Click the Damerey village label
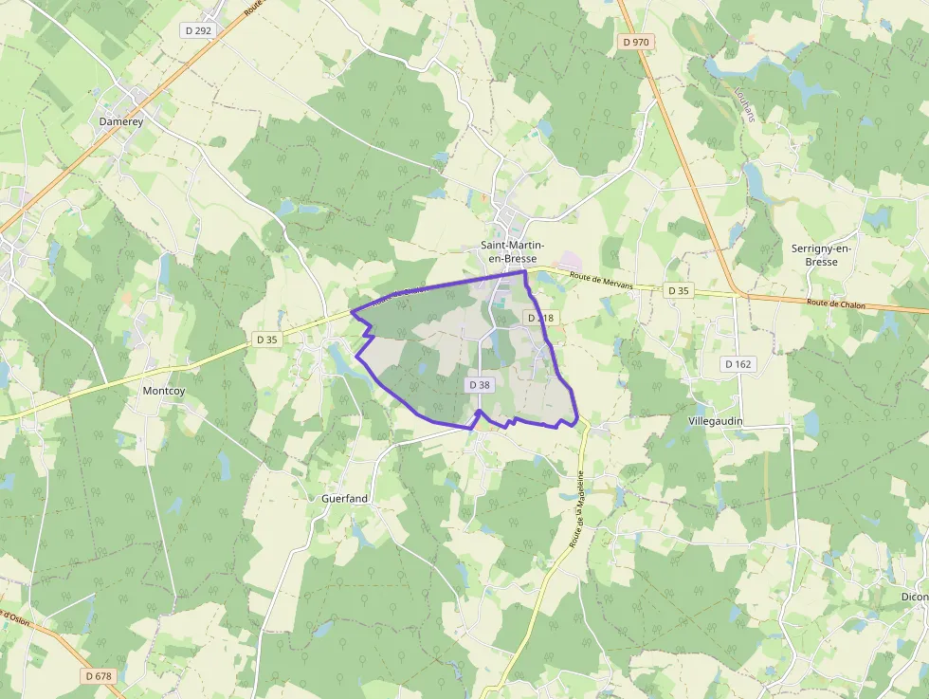pyautogui.click(x=120, y=121)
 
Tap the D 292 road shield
pyautogui.click(x=199, y=30)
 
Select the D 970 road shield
pyautogui.click(x=637, y=42)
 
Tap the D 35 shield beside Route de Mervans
pyautogui.click(x=678, y=290)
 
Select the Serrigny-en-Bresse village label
pyautogui.click(x=822, y=255)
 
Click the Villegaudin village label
pyautogui.click(x=715, y=420)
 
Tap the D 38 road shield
pyautogui.click(x=480, y=385)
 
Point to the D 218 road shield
pyautogui.click(x=540, y=318)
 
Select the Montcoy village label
pyautogui.click(x=164, y=391)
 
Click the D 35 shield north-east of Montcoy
pyautogui.click(x=268, y=340)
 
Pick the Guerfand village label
pyautogui.click(x=345, y=498)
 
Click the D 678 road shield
pyautogui.click(x=98, y=676)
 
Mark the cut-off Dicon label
pyautogui.click(x=915, y=597)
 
